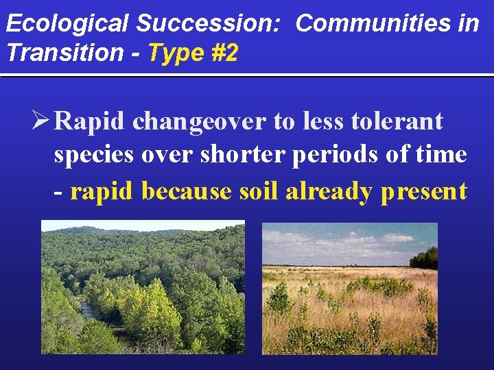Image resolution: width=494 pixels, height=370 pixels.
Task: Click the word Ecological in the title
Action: [67, 23]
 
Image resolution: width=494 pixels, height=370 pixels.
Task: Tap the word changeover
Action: [199, 122]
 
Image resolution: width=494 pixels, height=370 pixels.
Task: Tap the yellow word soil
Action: [259, 191]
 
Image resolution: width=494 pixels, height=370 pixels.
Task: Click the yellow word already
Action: [329, 191]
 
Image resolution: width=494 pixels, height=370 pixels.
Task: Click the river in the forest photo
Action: [89, 312]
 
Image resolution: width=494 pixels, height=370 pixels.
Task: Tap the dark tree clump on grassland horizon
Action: [424, 258]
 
